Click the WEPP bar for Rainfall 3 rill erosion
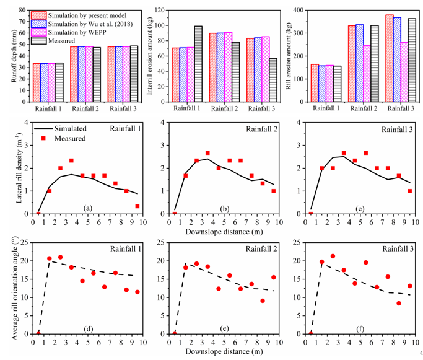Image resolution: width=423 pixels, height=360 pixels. pyautogui.click(x=404, y=71)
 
